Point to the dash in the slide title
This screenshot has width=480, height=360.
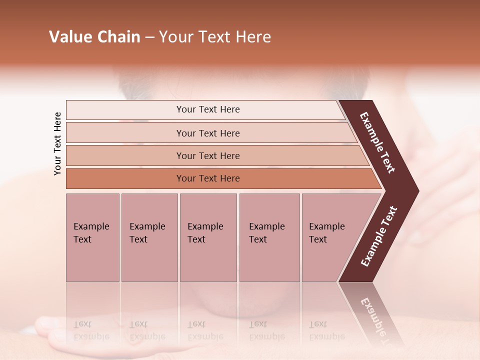click(149, 37)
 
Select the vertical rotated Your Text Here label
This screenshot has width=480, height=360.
click(57, 143)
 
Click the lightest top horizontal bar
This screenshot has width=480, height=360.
click(207, 109)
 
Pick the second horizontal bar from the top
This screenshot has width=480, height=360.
click(207, 133)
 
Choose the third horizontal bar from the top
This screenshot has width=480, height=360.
click(207, 155)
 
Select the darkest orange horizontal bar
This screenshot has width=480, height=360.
click(207, 178)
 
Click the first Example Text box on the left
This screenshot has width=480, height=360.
click(92, 237)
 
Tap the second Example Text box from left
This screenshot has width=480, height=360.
click(149, 237)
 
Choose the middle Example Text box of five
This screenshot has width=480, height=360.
click(208, 237)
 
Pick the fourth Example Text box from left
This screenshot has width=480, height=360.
click(269, 237)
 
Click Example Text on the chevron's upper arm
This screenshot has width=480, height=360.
click(378, 142)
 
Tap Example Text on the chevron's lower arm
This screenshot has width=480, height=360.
click(379, 236)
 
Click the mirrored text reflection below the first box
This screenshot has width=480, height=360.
click(91, 330)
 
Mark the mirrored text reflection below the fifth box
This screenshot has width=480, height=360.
click(326, 330)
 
